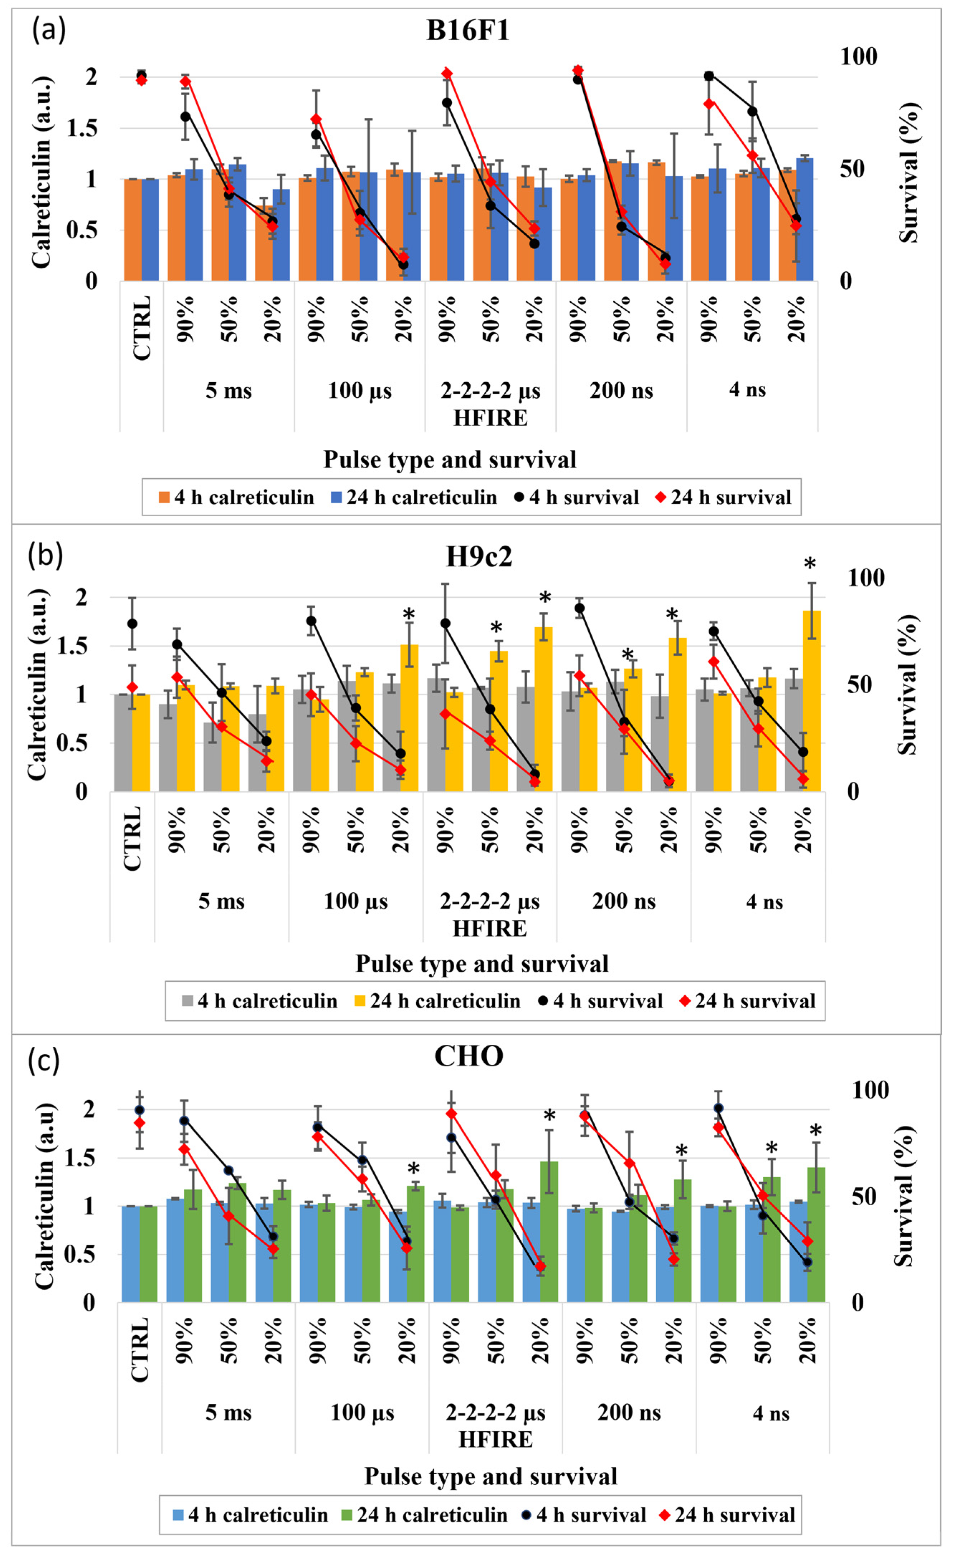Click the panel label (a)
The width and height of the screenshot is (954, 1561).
point(49,30)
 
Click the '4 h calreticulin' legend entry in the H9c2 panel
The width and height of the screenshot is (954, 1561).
point(260,1001)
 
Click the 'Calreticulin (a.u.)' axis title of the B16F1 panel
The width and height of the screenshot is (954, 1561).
point(41,172)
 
